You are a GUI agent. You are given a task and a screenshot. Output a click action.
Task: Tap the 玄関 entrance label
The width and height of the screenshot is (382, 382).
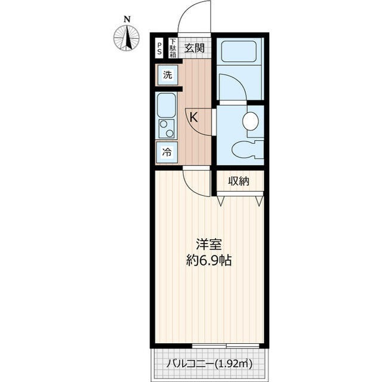pyautogui.click(x=194, y=48)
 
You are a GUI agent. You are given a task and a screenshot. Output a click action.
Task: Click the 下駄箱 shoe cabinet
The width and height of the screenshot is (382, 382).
pyautogui.click(x=172, y=48)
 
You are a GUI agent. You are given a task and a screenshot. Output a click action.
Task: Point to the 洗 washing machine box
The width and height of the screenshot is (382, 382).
pyautogui.click(x=167, y=76)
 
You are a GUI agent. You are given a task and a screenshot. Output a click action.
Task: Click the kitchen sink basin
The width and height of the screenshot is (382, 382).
pyautogui.click(x=167, y=107)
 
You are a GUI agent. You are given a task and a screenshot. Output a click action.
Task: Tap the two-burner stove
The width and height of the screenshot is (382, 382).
pyautogui.click(x=167, y=128)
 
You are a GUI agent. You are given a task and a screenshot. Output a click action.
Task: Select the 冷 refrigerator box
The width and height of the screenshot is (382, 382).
pyautogui.click(x=167, y=152)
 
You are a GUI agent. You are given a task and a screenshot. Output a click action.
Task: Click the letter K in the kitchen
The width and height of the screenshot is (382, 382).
pyautogui.click(x=194, y=118)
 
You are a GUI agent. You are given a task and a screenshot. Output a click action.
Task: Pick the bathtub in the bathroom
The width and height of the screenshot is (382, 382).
pyautogui.click(x=240, y=51)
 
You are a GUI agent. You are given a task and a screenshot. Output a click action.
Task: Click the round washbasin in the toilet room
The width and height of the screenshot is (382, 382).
pyautogui.click(x=251, y=122)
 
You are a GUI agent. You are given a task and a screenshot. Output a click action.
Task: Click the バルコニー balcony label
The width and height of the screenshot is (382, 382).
pyautogui.click(x=210, y=362)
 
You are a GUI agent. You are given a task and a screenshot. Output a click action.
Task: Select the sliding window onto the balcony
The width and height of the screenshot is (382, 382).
pyautogui.click(x=226, y=346)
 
